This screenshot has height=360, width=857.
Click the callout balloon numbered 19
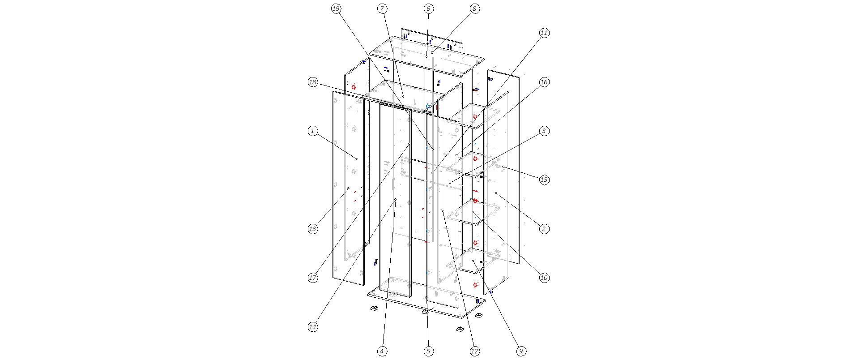tap(336, 9)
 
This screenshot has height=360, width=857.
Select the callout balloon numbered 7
tap(382, 9)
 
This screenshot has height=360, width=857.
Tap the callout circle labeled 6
tap(428, 9)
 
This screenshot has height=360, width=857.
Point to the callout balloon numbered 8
tap(474, 9)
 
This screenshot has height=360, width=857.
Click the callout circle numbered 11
tap(544, 33)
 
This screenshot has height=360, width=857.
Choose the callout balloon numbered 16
tap(544, 82)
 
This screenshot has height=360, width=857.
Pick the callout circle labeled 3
tap(544, 131)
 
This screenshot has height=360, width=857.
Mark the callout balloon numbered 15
tap(544, 180)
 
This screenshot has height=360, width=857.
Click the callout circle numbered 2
tap(544, 229)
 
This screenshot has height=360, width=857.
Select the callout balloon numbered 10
tap(544, 278)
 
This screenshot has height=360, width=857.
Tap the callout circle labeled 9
tap(520, 351)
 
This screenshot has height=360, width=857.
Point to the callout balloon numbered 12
tap(474, 351)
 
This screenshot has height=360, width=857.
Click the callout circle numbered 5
tap(428, 351)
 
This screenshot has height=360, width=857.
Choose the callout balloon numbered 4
tap(382, 351)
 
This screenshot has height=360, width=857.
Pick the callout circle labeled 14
tap(313, 327)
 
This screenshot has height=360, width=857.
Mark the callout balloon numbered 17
tap(313, 278)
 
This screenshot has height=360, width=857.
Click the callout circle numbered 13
tap(313, 229)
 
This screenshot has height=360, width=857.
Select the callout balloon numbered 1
tap(313, 131)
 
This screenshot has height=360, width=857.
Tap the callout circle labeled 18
tap(313, 82)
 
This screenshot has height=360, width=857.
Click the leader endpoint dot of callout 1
tap(357, 159)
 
